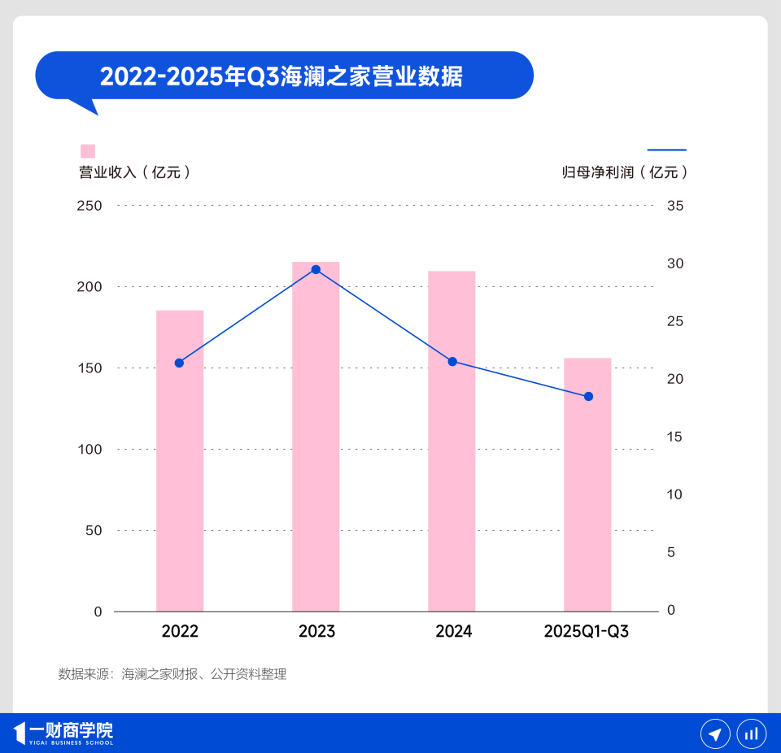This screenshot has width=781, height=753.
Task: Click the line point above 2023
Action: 316,269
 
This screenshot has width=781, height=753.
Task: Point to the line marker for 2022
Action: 180,363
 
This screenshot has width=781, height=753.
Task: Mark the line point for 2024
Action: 452,361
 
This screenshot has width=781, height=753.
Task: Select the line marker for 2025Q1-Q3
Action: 588,396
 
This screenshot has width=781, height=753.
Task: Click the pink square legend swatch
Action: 88,151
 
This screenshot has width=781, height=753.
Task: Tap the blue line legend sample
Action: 667,150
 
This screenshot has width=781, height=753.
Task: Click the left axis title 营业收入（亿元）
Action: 135,172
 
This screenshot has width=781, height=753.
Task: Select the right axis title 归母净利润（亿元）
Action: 626,172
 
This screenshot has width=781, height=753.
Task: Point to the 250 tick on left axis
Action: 89,206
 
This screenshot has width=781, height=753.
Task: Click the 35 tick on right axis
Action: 675,206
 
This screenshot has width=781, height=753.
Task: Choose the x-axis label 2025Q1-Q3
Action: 587,632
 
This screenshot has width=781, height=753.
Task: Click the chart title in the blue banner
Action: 281,76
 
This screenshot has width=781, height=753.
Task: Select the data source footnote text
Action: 172,674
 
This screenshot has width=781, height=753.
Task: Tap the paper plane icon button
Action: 715,734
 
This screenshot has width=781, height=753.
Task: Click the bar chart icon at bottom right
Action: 752,734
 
